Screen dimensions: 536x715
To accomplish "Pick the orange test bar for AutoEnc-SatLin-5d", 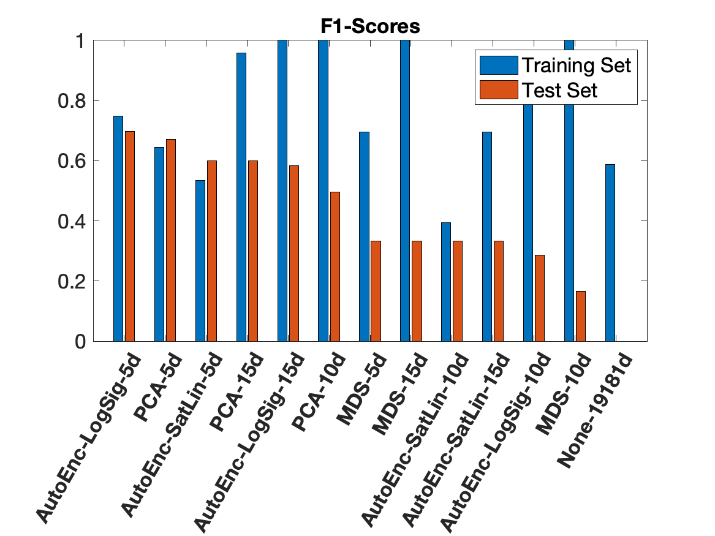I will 212,251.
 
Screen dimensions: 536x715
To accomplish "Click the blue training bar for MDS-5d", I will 364,236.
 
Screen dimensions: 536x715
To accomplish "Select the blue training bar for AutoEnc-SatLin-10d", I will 446,282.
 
